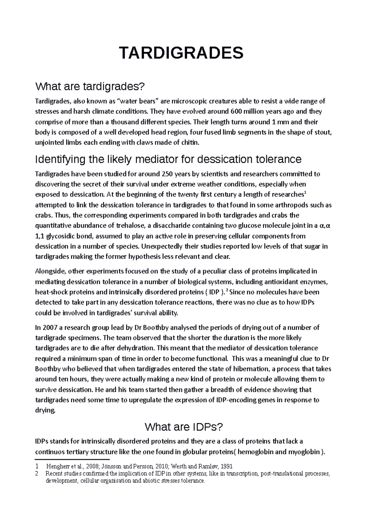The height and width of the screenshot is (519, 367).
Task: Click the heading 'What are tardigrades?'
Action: (89, 87)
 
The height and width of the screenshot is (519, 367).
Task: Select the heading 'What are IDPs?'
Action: (183, 427)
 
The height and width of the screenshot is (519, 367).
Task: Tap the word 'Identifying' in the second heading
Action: (60, 159)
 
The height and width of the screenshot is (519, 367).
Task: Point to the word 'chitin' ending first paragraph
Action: (191, 143)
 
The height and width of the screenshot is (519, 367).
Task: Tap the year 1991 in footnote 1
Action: (226, 467)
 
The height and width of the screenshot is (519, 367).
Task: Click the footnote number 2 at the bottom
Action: (37, 474)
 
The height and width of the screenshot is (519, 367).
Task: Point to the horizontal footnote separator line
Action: (72, 459)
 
